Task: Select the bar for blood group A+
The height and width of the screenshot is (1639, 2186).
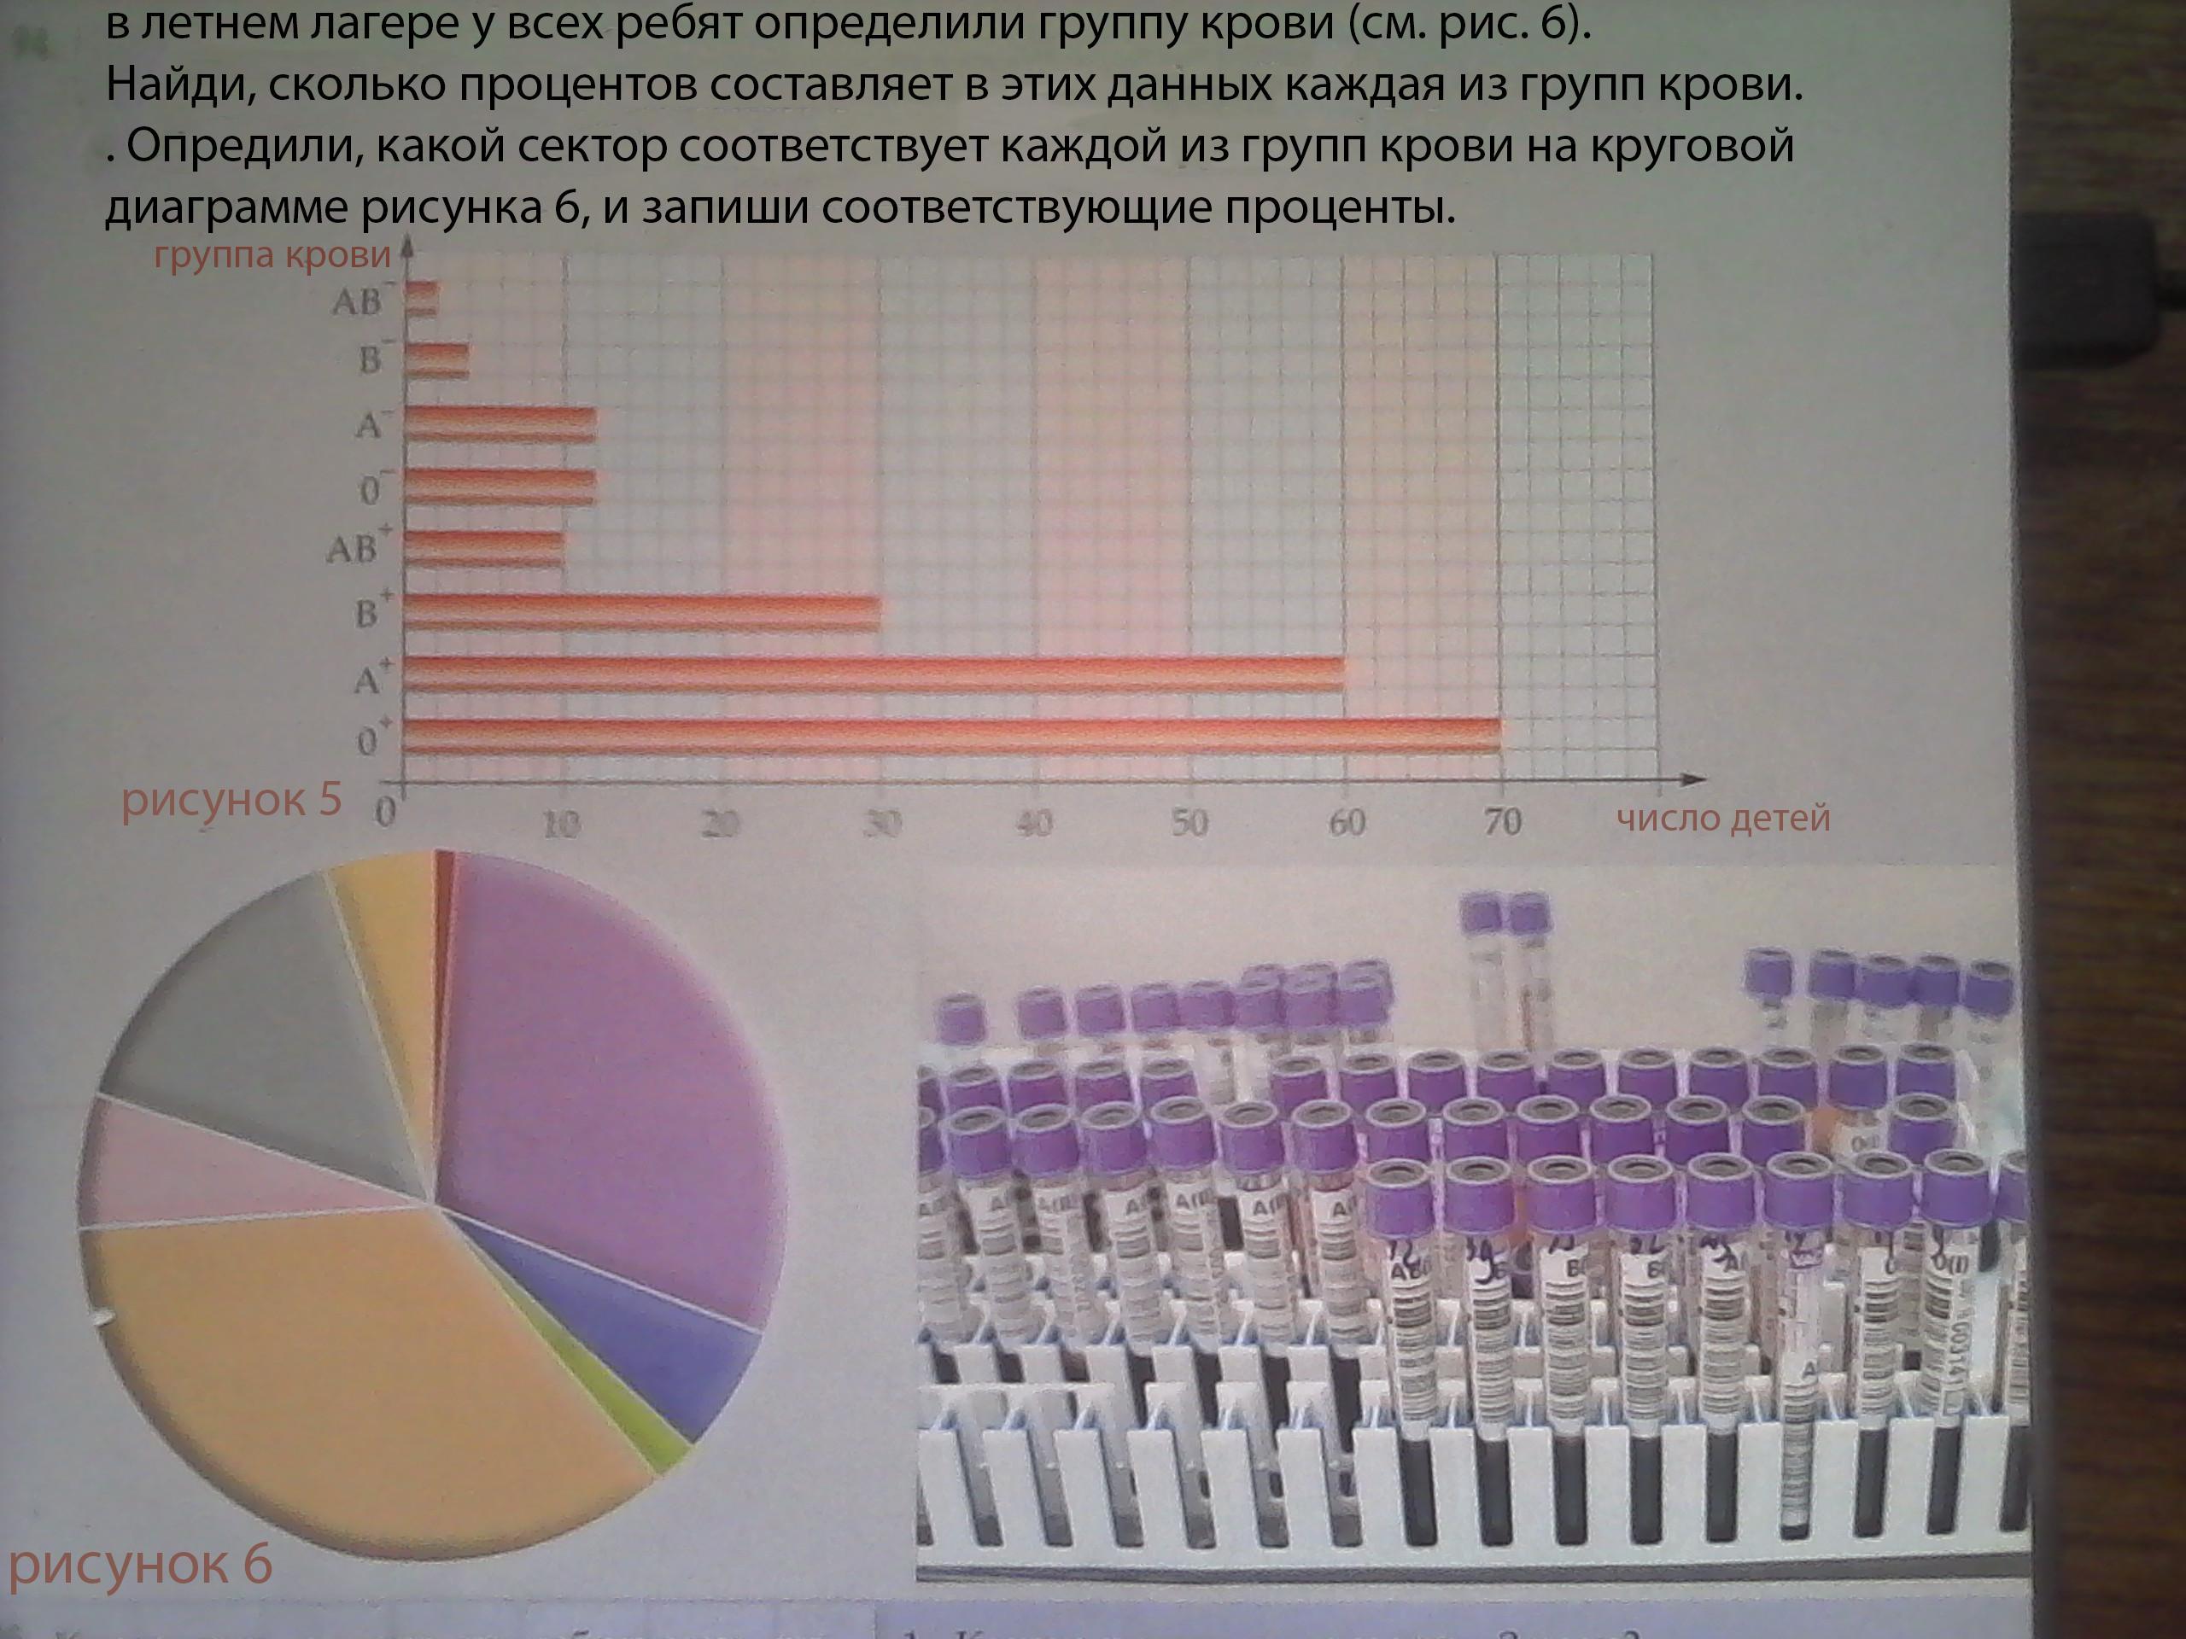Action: click(874, 674)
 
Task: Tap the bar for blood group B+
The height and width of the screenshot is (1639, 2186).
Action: click(642, 613)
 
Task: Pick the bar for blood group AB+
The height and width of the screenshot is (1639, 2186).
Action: click(484, 548)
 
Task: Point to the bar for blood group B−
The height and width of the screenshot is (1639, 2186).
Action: click(437, 360)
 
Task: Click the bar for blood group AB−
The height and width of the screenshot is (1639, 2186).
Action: click(422, 299)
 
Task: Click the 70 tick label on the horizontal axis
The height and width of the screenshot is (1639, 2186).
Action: click(1502, 821)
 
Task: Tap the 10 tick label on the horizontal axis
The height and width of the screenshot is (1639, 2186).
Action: click(561, 823)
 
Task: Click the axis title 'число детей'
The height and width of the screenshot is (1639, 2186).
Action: click(1723, 818)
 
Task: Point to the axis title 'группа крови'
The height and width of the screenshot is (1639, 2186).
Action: click(272, 255)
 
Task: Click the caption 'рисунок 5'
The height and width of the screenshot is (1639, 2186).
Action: click(231, 798)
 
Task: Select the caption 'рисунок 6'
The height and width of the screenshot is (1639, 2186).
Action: click(140, 1563)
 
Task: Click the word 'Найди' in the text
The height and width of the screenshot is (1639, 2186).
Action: click(178, 87)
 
